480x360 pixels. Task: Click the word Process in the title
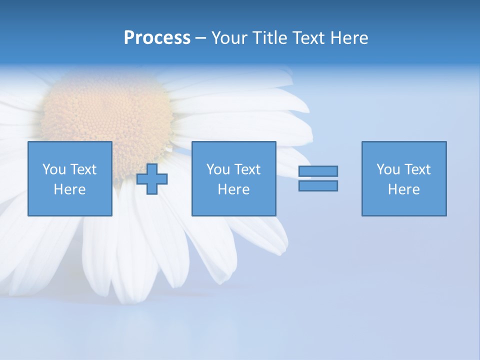pos(157,38)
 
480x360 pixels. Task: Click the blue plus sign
pos(152,179)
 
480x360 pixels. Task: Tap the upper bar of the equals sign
pos(318,171)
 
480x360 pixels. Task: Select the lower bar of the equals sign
pos(318,186)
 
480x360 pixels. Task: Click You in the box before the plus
pos(54,169)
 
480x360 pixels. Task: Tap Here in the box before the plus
pos(70,189)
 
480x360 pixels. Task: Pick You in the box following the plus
pos(218,169)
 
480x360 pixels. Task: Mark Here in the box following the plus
pos(234,189)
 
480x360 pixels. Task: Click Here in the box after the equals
pos(404,189)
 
